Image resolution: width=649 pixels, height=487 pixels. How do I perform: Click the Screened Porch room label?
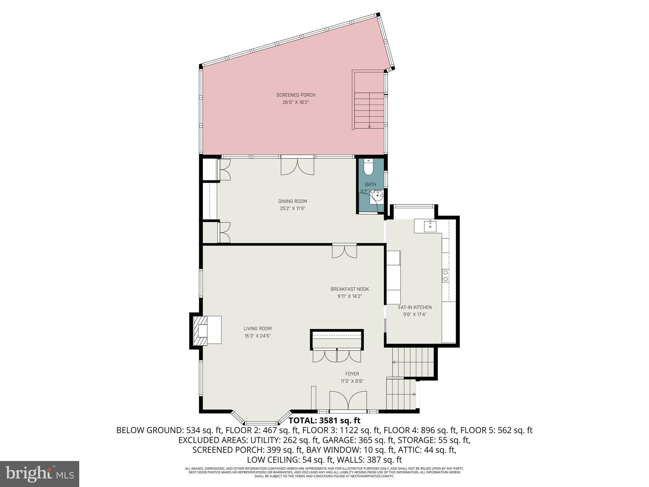296,95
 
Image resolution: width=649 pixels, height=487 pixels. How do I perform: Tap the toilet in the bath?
368,168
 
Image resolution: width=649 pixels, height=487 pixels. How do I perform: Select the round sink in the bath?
378,196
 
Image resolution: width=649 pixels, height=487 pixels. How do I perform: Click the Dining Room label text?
292,201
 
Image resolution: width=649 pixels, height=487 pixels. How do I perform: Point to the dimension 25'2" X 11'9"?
292,209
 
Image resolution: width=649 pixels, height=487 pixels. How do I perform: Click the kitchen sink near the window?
430,226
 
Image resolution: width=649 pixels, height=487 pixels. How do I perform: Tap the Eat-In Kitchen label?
415,307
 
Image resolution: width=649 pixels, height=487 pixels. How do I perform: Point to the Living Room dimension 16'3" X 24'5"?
257,336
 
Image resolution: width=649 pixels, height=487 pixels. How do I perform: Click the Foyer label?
352,374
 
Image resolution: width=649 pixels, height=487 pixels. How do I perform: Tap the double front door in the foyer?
348,401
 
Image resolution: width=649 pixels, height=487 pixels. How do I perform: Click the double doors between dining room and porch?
297,166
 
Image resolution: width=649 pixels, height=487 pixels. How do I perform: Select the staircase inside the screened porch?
369,109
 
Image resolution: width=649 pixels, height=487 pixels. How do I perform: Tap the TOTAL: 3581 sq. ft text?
324,421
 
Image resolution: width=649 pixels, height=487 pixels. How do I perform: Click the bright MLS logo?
40,474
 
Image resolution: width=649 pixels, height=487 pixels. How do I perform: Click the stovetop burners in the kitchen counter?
445,276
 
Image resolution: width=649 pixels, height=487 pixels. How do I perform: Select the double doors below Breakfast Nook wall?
344,251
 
